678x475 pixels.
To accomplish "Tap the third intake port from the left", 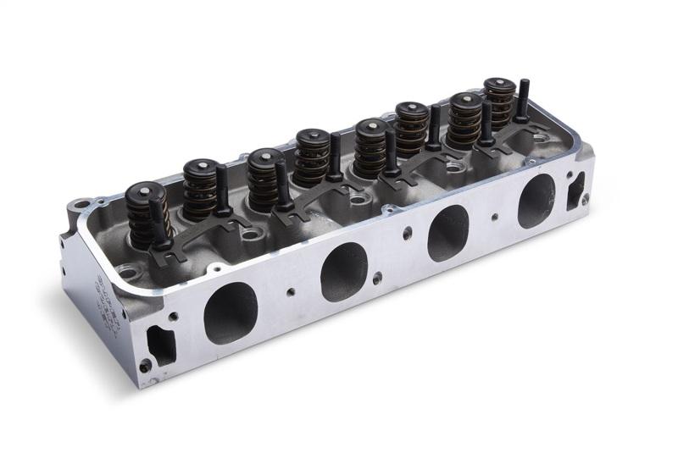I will point(447,233).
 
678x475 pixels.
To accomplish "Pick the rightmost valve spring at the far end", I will point(498,100).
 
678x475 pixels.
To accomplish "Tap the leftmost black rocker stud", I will point(157,224).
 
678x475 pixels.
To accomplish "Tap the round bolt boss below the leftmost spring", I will point(127,272).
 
